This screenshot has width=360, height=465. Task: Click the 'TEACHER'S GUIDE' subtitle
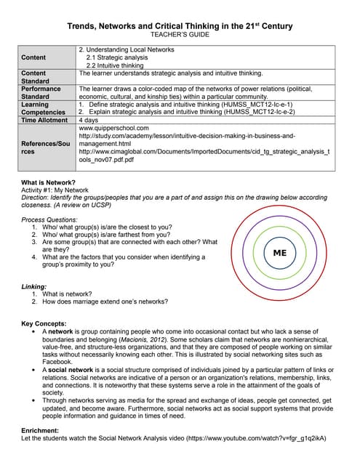pyautogui.click(x=180, y=35)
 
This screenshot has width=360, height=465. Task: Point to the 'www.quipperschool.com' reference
pyautogui.click(x=113, y=129)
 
